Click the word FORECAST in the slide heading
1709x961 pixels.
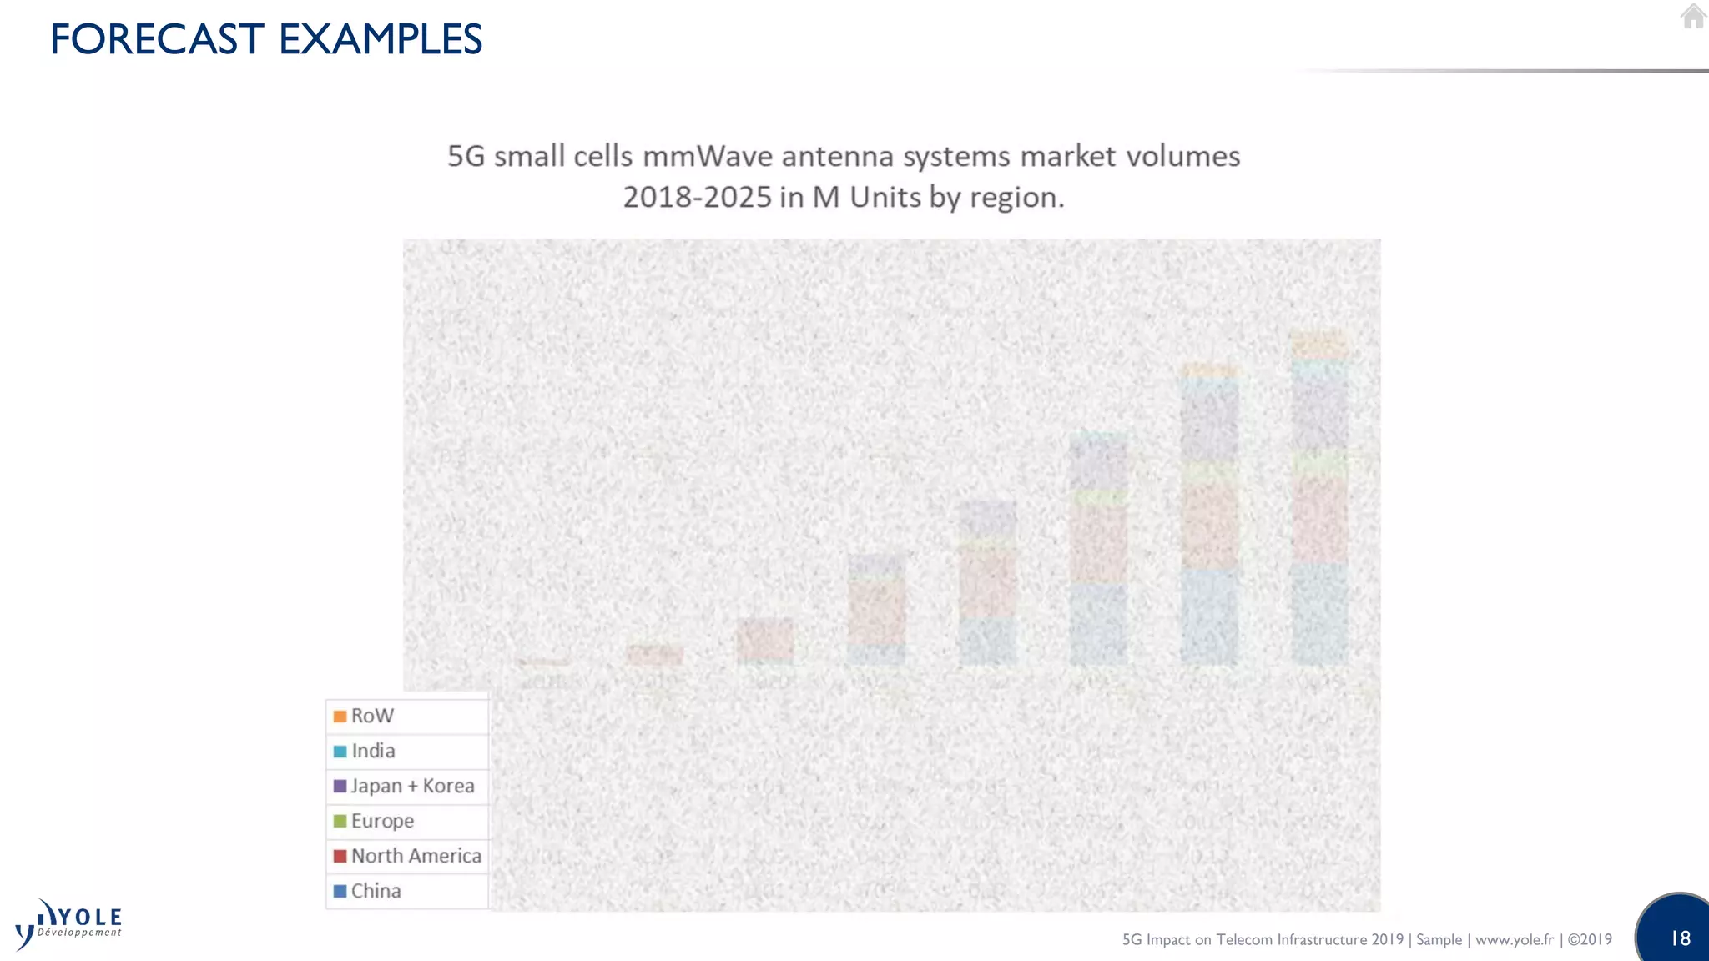[x=157, y=39]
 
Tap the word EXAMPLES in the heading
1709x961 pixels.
[x=380, y=39]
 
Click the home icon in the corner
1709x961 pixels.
[x=1692, y=17]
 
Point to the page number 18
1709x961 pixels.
[x=1680, y=938]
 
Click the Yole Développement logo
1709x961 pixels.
[x=68, y=924]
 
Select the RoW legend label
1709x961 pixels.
[x=372, y=716]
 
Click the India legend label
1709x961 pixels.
[x=373, y=751]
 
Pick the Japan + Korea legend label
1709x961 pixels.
[x=412, y=786]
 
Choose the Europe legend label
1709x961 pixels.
[x=382, y=821]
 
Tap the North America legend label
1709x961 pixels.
[x=416, y=856]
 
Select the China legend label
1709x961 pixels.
[x=376, y=891]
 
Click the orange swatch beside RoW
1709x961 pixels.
[x=340, y=717]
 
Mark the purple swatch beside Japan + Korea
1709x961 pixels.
[x=340, y=786]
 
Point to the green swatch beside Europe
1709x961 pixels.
[x=340, y=821]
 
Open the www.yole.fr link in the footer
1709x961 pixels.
[x=1515, y=939]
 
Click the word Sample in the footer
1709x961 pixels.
[x=1439, y=939]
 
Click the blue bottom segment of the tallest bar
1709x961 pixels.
[x=1319, y=614]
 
